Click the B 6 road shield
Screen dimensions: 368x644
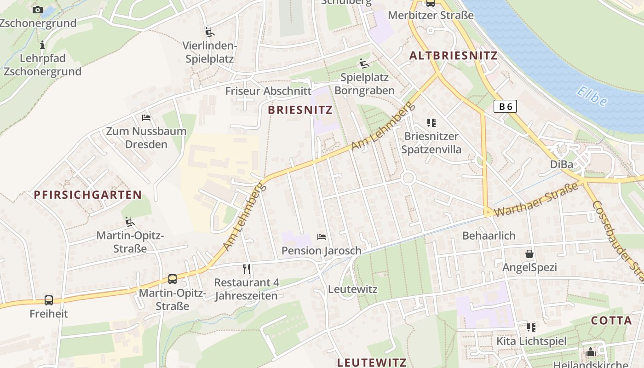point(505,107)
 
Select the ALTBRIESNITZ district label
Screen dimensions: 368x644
point(453,56)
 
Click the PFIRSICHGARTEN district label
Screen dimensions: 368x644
point(88,195)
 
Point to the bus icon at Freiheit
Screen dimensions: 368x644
point(49,300)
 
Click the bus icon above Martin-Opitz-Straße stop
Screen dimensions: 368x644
point(172,279)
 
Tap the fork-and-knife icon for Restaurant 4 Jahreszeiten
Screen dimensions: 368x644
point(247,269)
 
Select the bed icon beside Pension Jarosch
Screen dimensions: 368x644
point(322,237)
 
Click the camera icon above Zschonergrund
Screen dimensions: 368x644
point(38,10)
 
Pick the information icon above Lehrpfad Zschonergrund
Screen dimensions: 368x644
point(42,45)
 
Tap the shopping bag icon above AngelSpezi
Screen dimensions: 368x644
point(529,254)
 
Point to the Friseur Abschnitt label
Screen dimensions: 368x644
point(268,91)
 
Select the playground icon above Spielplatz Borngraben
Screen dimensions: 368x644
point(364,63)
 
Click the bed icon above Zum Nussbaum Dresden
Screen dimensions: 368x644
point(146,118)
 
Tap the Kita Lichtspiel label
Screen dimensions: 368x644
point(531,341)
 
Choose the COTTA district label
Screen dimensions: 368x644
point(611,321)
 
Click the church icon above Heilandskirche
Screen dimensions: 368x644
point(591,352)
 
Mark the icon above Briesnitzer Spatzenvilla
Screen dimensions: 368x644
point(431,123)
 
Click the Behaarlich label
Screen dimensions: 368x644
point(489,236)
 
